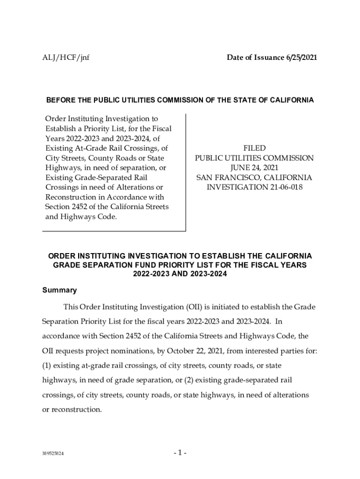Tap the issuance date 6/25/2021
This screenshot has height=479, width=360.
click(x=301, y=58)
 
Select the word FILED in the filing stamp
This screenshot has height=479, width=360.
click(x=254, y=148)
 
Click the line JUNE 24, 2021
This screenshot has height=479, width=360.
click(x=254, y=168)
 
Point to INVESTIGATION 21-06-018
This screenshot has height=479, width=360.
click(x=254, y=188)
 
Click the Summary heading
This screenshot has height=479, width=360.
click(x=59, y=290)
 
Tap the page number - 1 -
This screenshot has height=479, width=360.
click(x=180, y=453)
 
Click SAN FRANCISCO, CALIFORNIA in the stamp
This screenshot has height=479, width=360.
click(x=254, y=178)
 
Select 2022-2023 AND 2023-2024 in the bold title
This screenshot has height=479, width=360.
click(x=180, y=274)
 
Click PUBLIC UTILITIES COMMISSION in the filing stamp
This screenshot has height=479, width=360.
click(x=254, y=158)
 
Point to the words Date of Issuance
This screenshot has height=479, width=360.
click(x=254, y=58)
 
